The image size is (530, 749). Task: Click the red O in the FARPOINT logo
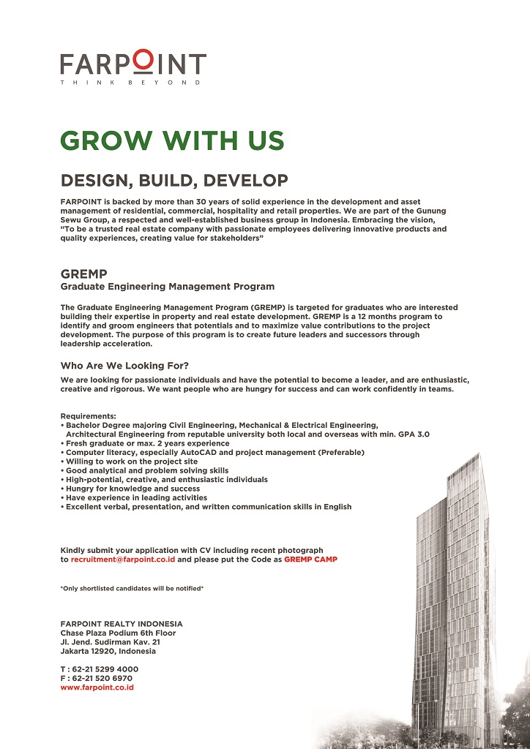click(143, 62)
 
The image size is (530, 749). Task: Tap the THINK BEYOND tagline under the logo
click(132, 83)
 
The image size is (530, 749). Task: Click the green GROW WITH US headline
click(172, 140)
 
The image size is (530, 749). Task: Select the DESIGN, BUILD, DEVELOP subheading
click(174, 181)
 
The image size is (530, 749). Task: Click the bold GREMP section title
click(84, 275)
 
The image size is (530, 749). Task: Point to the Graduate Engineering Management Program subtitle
click(168, 287)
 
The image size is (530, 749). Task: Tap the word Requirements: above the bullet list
click(83, 415)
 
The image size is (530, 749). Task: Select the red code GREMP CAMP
click(310, 559)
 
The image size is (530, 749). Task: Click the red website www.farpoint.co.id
click(97, 688)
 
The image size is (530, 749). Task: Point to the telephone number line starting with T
click(99, 669)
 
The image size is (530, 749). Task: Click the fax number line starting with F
click(97, 678)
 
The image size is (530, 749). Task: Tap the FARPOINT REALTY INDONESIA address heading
click(122, 624)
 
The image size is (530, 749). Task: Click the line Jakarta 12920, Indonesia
click(108, 651)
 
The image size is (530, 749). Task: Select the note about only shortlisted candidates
click(132, 588)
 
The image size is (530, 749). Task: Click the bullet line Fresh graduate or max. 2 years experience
click(147, 443)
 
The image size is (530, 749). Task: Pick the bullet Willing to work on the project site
click(132, 462)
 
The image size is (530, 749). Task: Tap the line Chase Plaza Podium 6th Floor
click(118, 633)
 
